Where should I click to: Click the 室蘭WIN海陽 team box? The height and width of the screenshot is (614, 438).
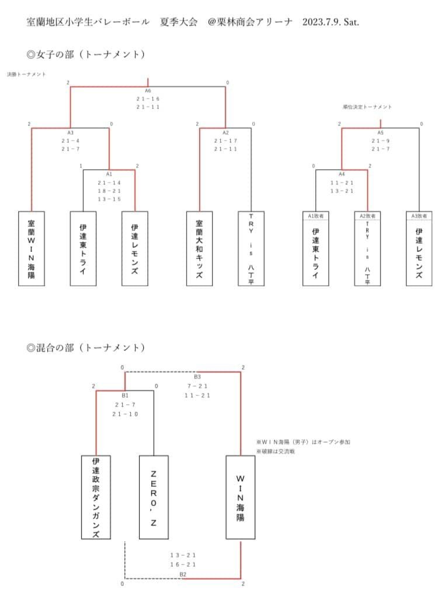(32, 248)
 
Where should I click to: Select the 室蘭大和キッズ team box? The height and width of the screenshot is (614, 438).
(200, 248)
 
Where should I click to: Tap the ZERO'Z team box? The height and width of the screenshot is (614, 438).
(154, 497)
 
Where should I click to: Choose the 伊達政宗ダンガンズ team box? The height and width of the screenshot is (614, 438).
(96, 497)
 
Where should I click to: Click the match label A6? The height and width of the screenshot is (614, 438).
(148, 92)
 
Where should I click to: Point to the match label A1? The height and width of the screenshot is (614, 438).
(109, 174)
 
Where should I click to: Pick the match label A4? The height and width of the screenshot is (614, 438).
(342, 174)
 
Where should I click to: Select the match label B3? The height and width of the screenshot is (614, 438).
(197, 377)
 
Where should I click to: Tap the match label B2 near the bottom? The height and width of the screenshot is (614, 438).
(183, 574)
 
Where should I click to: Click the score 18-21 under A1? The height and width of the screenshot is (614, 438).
(109, 191)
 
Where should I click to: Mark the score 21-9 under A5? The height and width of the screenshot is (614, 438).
(381, 141)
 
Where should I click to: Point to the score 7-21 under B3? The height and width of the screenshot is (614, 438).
(197, 386)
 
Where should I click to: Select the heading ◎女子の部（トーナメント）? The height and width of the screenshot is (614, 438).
(85, 55)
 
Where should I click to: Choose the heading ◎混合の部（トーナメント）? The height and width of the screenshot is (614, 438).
(85, 348)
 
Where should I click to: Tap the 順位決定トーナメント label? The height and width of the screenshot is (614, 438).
(367, 107)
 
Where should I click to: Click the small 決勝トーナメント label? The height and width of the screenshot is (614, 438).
(26, 75)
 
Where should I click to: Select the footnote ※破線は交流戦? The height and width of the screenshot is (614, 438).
(277, 452)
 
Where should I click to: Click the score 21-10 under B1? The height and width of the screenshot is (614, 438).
(126, 414)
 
